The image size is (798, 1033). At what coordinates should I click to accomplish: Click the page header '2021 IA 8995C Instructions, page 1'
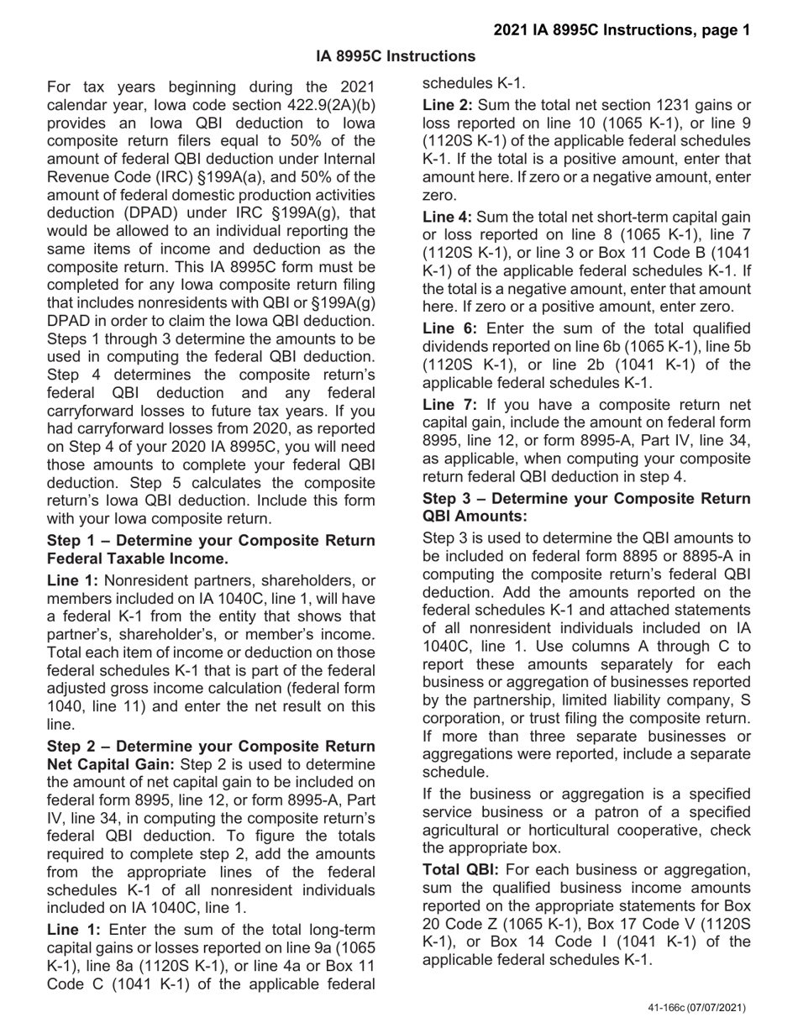click(x=622, y=30)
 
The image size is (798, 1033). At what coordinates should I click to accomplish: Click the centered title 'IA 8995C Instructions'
click(x=396, y=56)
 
